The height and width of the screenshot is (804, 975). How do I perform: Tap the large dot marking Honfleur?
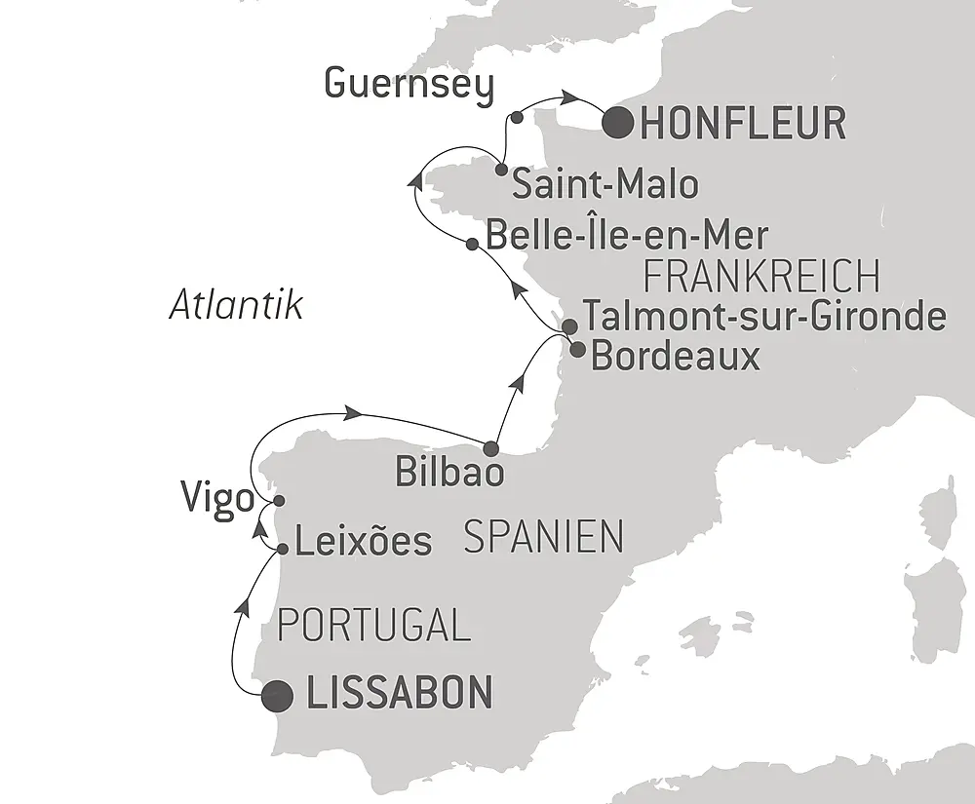pos(618,124)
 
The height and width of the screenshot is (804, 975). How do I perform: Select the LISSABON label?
pos(399,694)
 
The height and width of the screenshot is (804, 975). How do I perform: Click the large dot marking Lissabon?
pos(278,695)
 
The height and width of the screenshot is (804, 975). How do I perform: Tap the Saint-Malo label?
pos(604,184)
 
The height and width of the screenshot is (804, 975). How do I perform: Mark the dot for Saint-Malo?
pos(501,171)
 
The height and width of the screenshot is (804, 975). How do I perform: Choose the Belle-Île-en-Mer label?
pos(626,236)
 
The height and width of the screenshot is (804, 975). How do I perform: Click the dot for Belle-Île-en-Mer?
pos(472,245)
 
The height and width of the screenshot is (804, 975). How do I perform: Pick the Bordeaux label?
pos(676,356)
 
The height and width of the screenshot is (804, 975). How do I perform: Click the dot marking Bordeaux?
pos(577,348)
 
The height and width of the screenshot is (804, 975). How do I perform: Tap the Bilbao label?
pos(450,473)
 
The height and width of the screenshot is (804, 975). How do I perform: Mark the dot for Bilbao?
pos(490,449)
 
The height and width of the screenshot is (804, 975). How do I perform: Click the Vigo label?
pos(216,499)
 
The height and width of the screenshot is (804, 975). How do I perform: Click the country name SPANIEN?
pos(543,537)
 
